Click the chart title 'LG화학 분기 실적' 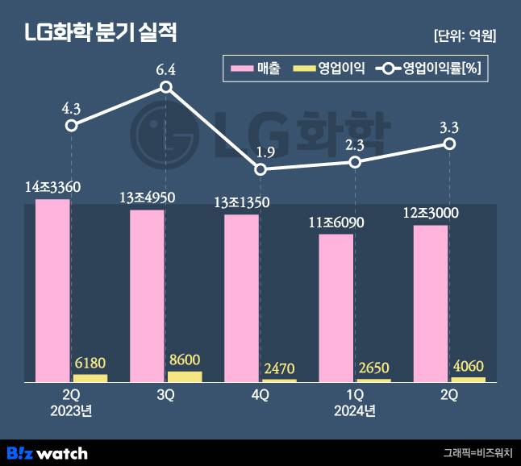(x=100, y=34)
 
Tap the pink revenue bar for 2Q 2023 (x=52, y=290)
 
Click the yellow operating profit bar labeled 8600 (x=185, y=376)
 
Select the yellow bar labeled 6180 (x=90, y=377)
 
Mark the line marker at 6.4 (x=165, y=87)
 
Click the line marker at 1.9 (x=260, y=169)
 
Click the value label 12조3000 (x=431, y=213)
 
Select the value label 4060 (x=469, y=365)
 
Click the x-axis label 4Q (x=260, y=396)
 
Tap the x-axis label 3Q (x=165, y=396)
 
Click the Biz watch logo (x=47, y=452)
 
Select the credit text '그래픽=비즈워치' (x=477, y=453)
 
